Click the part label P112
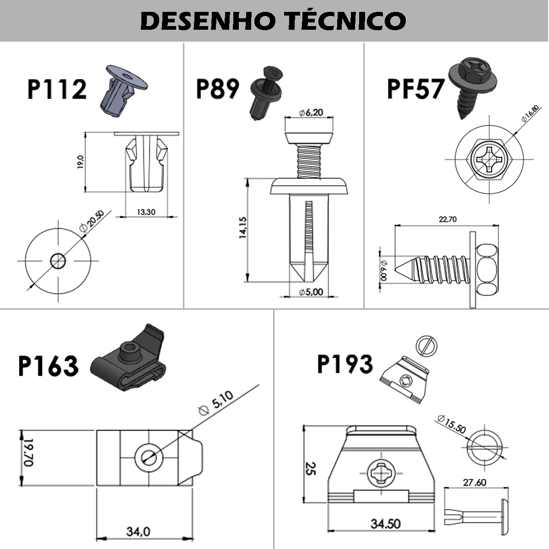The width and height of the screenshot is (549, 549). point(57,89)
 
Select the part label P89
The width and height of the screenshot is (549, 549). point(217,89)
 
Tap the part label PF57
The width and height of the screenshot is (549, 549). point(415,89)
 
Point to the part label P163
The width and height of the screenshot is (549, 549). point(48,366)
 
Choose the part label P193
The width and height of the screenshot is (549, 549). point(345,365)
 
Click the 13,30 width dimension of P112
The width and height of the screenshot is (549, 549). point(146,212)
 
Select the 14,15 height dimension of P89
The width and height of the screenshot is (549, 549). point(242,227)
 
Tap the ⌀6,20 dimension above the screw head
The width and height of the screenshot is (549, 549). point(311,113)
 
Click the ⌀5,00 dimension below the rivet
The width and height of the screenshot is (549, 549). point(311,292)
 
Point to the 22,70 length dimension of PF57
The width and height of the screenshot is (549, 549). point(447,220)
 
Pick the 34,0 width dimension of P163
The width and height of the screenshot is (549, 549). point(138,532)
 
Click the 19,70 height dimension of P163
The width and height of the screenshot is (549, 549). point(28,453)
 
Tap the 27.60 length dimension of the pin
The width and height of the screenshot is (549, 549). point(474,483)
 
